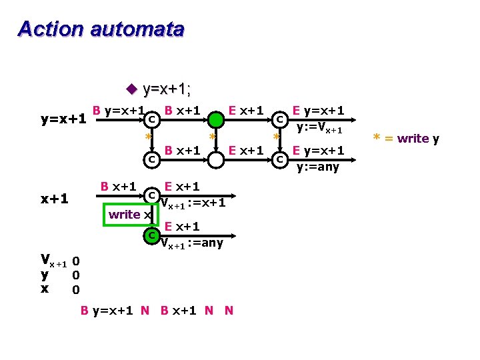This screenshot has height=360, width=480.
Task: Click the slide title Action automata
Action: pos(101,29)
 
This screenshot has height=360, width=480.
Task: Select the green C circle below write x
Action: pos(152,235)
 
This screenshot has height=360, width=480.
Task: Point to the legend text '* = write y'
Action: pos(406,139)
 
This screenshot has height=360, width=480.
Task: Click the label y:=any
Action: pos(317,167)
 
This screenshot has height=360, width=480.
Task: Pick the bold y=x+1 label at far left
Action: pos(63,120)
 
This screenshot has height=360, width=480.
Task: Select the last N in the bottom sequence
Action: pos(229,310)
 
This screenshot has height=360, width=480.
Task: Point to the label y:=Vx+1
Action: pos(319,128)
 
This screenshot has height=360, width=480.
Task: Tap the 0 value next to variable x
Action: pos(76,289)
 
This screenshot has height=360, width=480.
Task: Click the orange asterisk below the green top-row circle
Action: pos(212,137)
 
